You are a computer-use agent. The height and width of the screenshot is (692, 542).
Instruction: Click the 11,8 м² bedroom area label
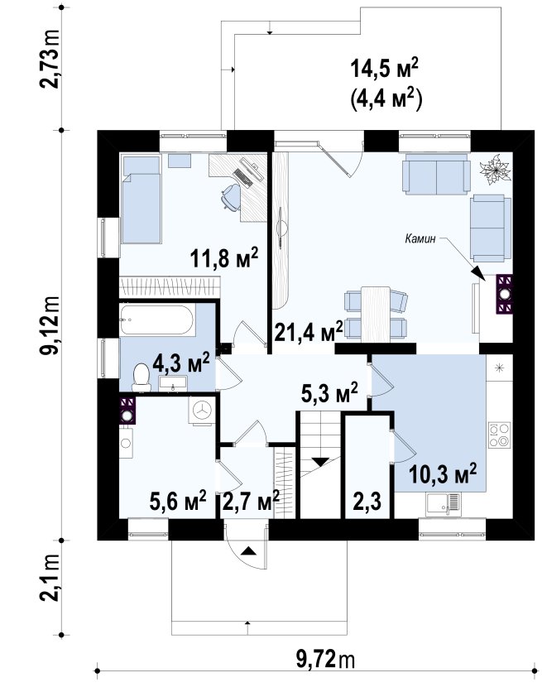click(224, 257)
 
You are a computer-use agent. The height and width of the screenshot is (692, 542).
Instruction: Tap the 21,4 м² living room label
click(309, 331)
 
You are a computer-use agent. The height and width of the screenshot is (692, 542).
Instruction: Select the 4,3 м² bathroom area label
click(181, 363)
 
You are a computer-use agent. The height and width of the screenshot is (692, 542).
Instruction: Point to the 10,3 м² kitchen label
click(443, 474)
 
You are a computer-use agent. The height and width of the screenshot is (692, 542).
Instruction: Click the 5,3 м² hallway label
click(329, 394)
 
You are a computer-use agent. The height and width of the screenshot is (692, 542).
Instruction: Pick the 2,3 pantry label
click(367, 502)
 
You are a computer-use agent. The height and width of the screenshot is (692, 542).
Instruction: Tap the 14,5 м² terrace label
click(384, 70)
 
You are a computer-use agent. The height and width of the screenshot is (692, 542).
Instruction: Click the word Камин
click(420, 238)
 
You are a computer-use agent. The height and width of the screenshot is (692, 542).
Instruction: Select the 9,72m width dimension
click(325, 661)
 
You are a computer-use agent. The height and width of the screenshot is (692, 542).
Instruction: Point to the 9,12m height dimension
click(49, 325)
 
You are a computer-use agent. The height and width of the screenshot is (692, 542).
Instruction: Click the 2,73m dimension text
click(49, 59)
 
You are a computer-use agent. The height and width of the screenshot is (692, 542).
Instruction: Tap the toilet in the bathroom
click(141, 377)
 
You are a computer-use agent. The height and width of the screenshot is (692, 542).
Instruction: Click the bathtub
click(156, 320)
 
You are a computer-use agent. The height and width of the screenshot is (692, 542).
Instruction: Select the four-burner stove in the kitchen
click(499, 435)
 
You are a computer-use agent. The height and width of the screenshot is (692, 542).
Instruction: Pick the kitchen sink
click(444, 504)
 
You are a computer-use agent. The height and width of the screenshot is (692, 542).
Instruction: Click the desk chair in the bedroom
click(231, 196)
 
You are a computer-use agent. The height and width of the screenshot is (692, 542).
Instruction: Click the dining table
click(376, 314)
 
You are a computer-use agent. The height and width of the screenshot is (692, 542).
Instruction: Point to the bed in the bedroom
click(141, 199)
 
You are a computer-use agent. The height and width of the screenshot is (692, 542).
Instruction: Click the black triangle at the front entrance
click(248, 550)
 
